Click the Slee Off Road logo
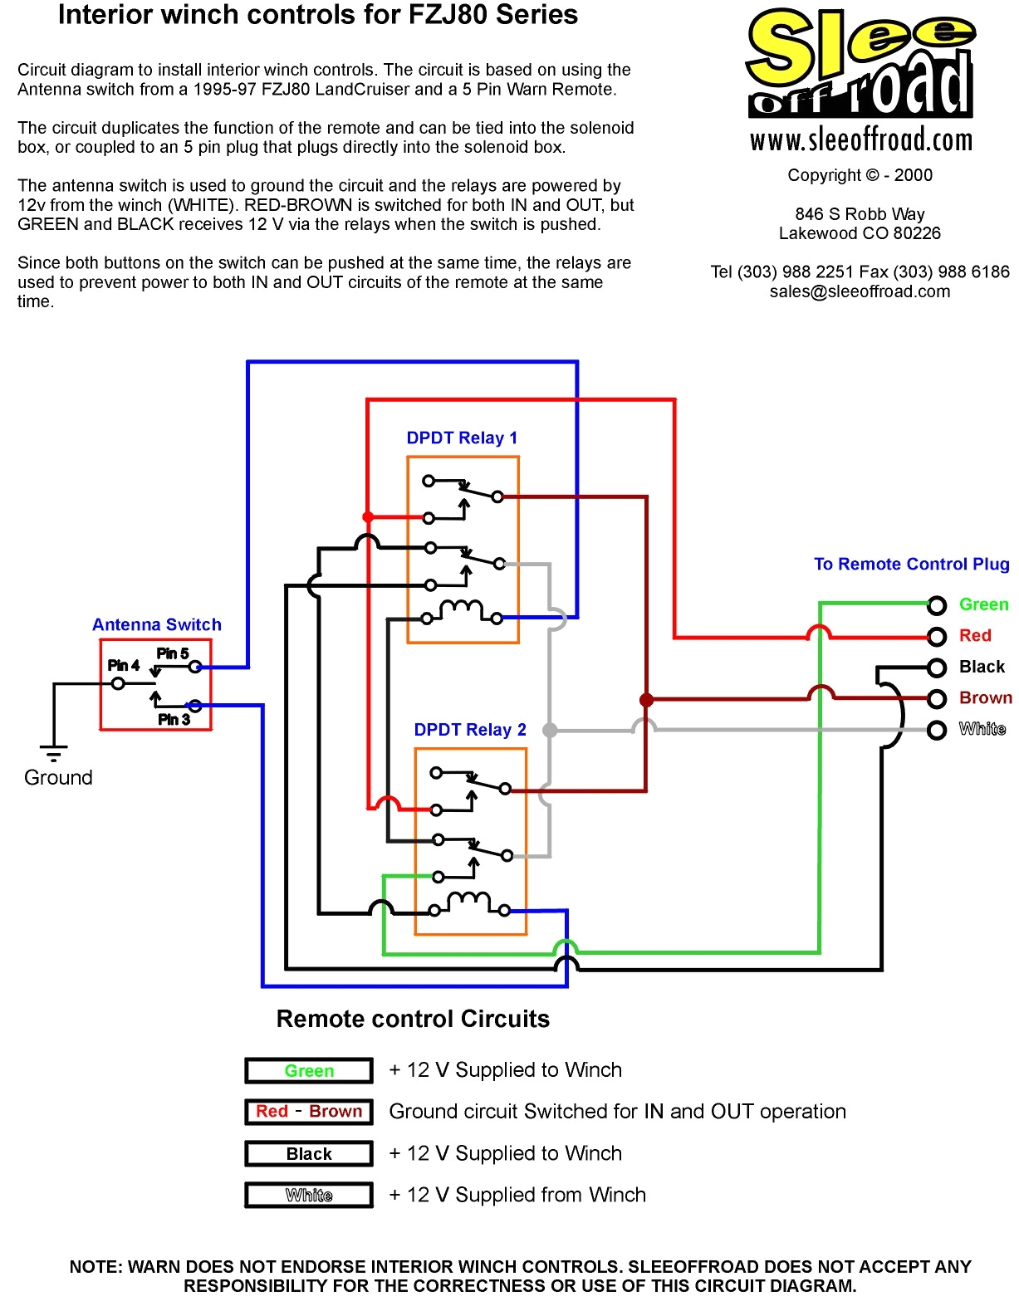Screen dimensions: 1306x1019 pos(860,65)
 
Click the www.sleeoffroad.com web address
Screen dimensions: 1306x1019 pos(860,139)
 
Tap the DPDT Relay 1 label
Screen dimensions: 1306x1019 pos(462,438)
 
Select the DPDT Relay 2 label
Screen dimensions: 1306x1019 pos(470,730)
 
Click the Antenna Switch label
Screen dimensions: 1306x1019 pos(156,624)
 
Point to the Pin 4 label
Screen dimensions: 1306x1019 pos(123,665)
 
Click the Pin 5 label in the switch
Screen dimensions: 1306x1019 pos(173,653)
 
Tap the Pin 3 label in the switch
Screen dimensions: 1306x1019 pos(174,719)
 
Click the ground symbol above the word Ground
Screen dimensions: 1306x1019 pos(54,753)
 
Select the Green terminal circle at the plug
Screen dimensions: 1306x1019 pos(937,605)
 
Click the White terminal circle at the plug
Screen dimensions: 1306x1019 pos(937,730)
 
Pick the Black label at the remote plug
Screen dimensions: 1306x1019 pos(982,667)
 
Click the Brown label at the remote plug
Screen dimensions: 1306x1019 pos(985,697)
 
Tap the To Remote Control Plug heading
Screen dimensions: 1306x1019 pos(911,564)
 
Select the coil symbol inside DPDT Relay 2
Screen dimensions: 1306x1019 pos(468,902)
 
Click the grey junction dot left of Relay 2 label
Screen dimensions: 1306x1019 pos(549,730)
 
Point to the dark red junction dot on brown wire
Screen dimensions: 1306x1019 pos(646,700)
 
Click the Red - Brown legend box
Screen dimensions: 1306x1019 pos(309,1112)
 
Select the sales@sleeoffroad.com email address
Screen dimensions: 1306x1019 pos(860,291)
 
